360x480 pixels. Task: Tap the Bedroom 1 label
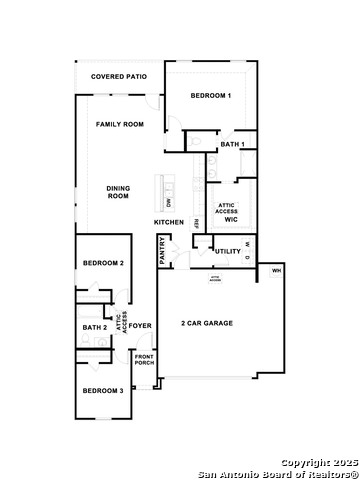(211, 95)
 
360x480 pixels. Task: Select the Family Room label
(120, 124)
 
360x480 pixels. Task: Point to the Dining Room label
(119, 191)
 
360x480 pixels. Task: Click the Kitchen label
(168, 221)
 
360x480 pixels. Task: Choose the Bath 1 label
(232, 145)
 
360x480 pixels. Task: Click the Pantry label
(163, 250)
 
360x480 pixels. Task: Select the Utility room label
(228, 250)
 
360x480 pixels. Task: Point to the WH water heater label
(276, 271)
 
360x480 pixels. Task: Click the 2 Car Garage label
(207, 323)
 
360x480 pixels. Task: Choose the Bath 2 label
(94, 327)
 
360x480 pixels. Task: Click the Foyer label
(140, 325)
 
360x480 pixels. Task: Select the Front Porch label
(145, 361)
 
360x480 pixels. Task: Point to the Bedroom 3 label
(103, 390)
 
